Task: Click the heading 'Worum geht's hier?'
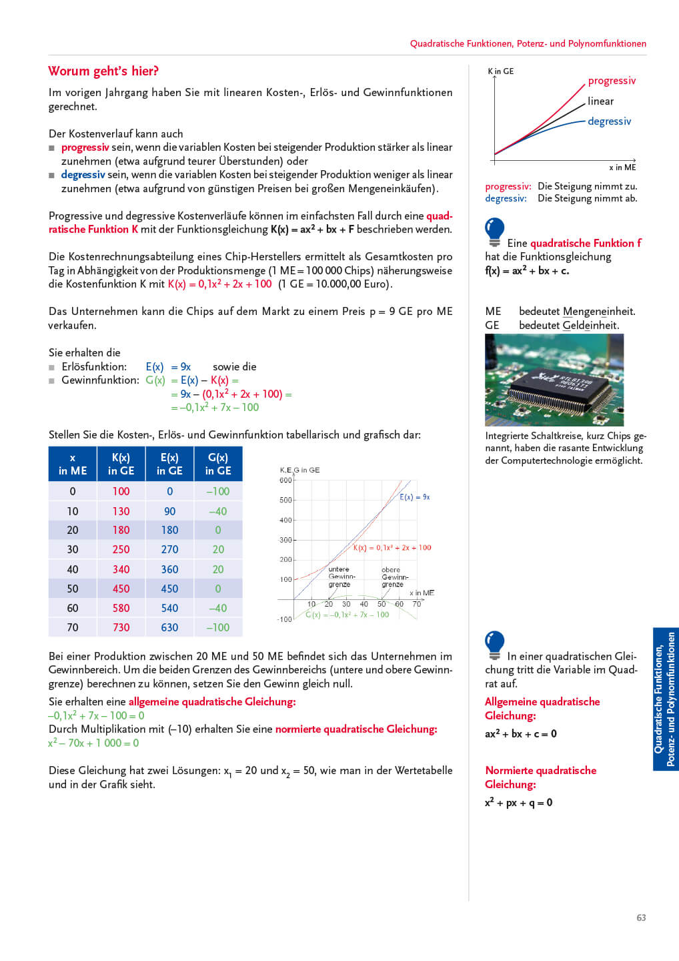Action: point(103,71)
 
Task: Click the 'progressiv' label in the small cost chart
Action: point(612,81)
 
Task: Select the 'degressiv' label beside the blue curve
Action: point(609,121)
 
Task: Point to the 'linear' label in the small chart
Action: point(600,101)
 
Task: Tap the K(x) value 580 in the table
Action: point(121,608)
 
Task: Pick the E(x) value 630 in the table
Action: point(169,627)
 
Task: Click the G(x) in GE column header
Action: point(218,464)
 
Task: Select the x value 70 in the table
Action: point(73,627)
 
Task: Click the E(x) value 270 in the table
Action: point(169,549)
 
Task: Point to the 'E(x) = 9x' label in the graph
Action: point(415,497)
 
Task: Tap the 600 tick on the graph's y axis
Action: point(285,480)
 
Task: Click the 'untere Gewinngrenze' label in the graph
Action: point(340,577)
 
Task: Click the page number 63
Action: point(641,918)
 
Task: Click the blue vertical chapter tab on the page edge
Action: point(665,699)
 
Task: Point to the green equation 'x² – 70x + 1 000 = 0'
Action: point(93,743)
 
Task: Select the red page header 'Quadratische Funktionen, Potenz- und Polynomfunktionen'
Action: point(528,43)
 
